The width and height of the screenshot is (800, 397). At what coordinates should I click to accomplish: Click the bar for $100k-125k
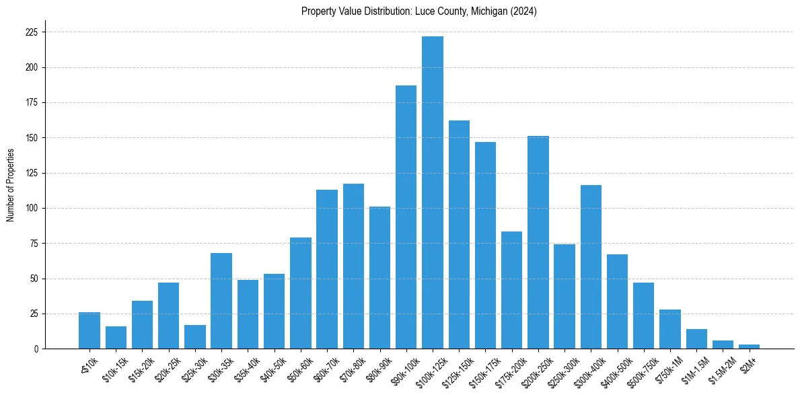click(x=433, y=192)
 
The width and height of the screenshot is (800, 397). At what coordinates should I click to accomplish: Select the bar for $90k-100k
click(x=406, y=217)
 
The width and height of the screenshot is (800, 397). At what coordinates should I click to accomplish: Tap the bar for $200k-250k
click(x=538, y=242)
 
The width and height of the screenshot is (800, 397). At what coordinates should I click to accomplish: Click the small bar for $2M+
click(x=749, y=347)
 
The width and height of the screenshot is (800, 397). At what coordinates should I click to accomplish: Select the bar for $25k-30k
click(x=195, y=337)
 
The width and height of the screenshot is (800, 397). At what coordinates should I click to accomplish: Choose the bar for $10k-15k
click(x=116, y=338)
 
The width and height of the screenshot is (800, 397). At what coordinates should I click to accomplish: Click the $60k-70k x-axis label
click(x=326, y=368)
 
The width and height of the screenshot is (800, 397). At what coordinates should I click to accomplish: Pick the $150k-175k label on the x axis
click(x=482, y=370)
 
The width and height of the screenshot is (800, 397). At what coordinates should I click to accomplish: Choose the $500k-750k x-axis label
click(x=641, y=370)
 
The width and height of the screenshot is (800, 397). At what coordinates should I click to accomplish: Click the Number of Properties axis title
click(x=10, y=185)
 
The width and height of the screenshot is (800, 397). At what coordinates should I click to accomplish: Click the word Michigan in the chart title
click(x=484, y=11)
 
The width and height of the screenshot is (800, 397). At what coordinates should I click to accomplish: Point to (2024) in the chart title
click(x=524, y=11)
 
